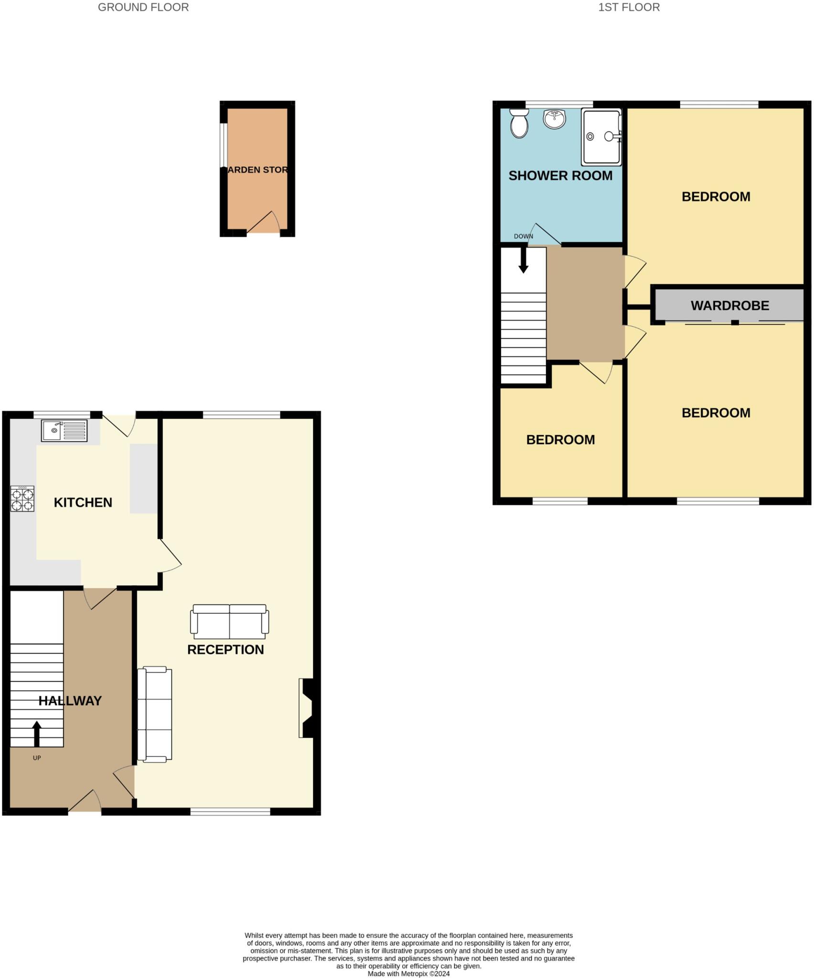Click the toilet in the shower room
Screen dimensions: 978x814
coord(519,123)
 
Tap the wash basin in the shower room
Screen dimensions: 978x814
coord(554,118)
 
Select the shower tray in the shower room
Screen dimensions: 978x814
coord(601,137)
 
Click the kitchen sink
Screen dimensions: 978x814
coord(64,430)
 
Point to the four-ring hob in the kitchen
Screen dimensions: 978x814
coord(22,499)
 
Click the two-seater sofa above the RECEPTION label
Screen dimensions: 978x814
coord(229,621)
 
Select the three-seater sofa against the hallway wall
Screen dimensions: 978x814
coord(154,714)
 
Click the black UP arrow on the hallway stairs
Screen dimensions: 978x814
coord(37,733)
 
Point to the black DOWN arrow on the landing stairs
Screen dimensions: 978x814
coord(523,260)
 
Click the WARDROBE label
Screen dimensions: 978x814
coord(729,306)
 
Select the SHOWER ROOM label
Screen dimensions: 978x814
coord(560,176)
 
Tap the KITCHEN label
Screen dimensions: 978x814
coord(83,502)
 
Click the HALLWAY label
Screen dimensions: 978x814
coord(70,701)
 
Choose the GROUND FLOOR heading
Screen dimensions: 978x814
coord(143,7)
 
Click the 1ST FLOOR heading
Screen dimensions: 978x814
coord(629,7)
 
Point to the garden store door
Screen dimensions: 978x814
coord(263,223)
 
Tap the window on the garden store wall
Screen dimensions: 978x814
coord(223,145)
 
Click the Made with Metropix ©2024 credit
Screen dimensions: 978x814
coord(408,974)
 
